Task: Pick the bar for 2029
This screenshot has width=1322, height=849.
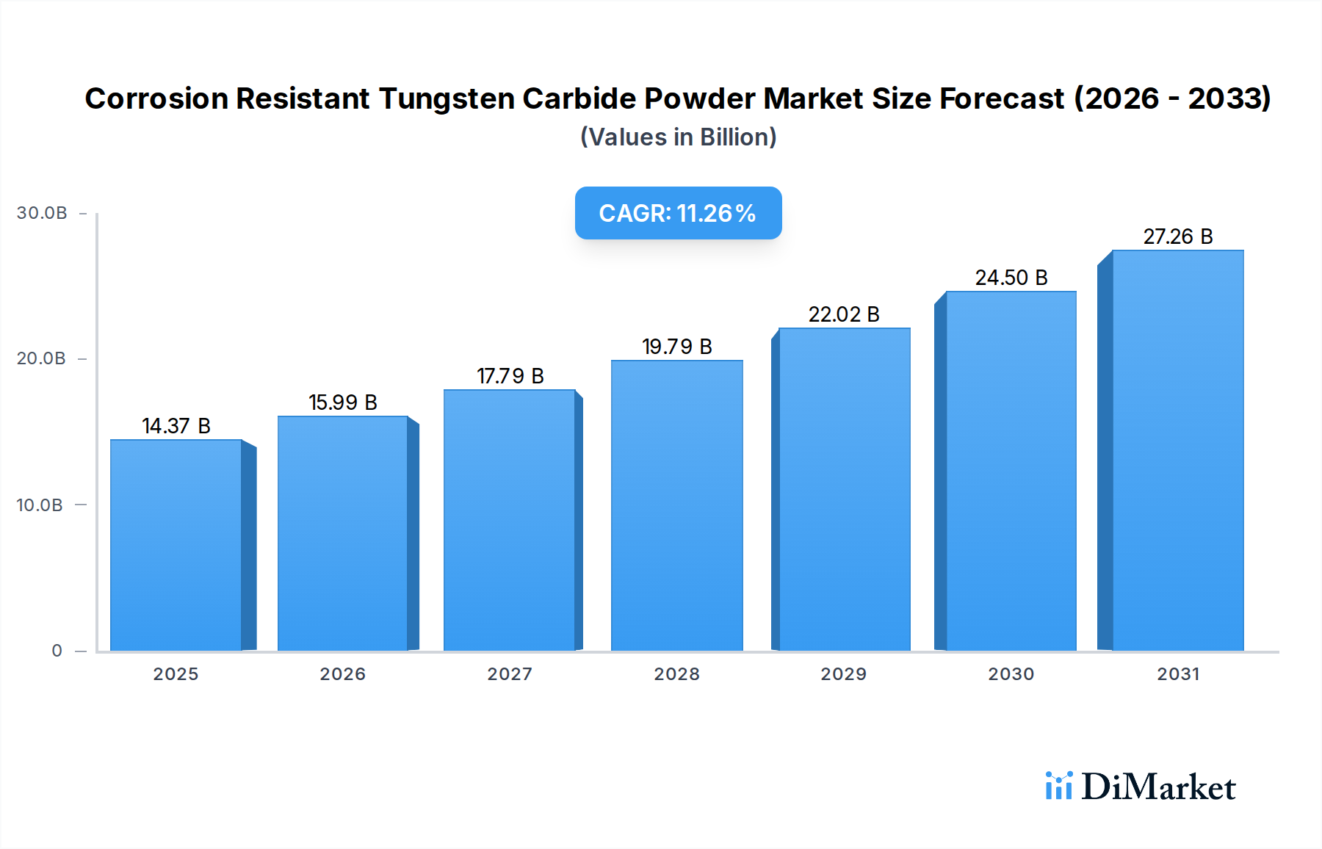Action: [844, 489]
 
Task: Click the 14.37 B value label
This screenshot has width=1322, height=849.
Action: [176, 426]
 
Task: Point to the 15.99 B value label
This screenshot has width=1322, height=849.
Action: [343, 402]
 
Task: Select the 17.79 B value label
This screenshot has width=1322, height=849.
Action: [510, 376]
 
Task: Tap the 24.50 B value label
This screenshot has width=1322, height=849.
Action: [1011, 278]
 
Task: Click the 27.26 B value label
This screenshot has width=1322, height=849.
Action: [1178, 236]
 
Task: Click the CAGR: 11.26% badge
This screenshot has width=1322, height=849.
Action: [678, 213]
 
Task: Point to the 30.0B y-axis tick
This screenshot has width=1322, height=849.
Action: [42, 213]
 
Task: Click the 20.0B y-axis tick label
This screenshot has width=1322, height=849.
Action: [41, 358]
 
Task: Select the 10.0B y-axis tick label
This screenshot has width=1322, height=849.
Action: [40, 505]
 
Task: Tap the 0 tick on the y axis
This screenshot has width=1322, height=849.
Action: [57, 651]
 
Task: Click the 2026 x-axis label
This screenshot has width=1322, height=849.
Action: [343, 674]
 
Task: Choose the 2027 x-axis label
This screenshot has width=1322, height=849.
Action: [510, 674]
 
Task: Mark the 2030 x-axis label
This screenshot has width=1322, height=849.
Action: [1011, 674]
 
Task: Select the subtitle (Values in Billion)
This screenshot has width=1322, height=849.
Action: [678, 137]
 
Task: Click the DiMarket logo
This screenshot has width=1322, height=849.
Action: [1141, 787]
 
